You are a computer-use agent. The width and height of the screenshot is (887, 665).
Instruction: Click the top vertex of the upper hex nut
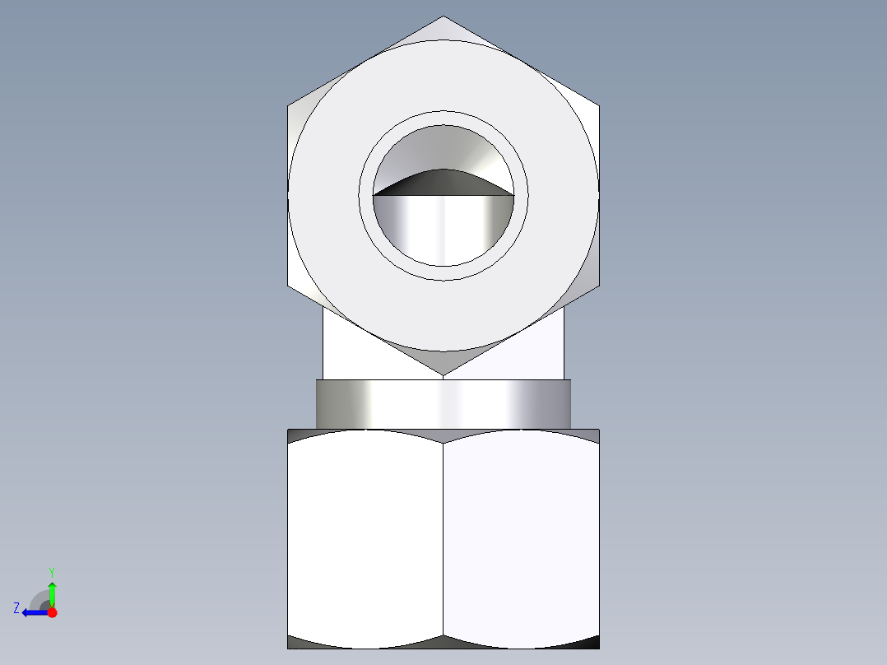tap(443, 16)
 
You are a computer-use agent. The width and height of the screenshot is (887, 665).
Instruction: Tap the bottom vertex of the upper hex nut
tap(443, 376)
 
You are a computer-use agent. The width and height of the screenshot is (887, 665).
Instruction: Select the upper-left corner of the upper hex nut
tap(289, 106)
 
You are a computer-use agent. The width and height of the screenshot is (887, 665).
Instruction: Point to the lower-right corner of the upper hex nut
tap(598, 286)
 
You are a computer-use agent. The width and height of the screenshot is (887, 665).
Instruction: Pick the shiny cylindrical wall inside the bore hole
tap(443, 230)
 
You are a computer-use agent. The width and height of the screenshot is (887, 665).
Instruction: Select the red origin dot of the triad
tap(52, 612)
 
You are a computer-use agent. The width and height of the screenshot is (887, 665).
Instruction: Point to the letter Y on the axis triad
tap(52, 571)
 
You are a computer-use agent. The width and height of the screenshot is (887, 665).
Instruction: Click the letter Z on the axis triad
tap(16, 608)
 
